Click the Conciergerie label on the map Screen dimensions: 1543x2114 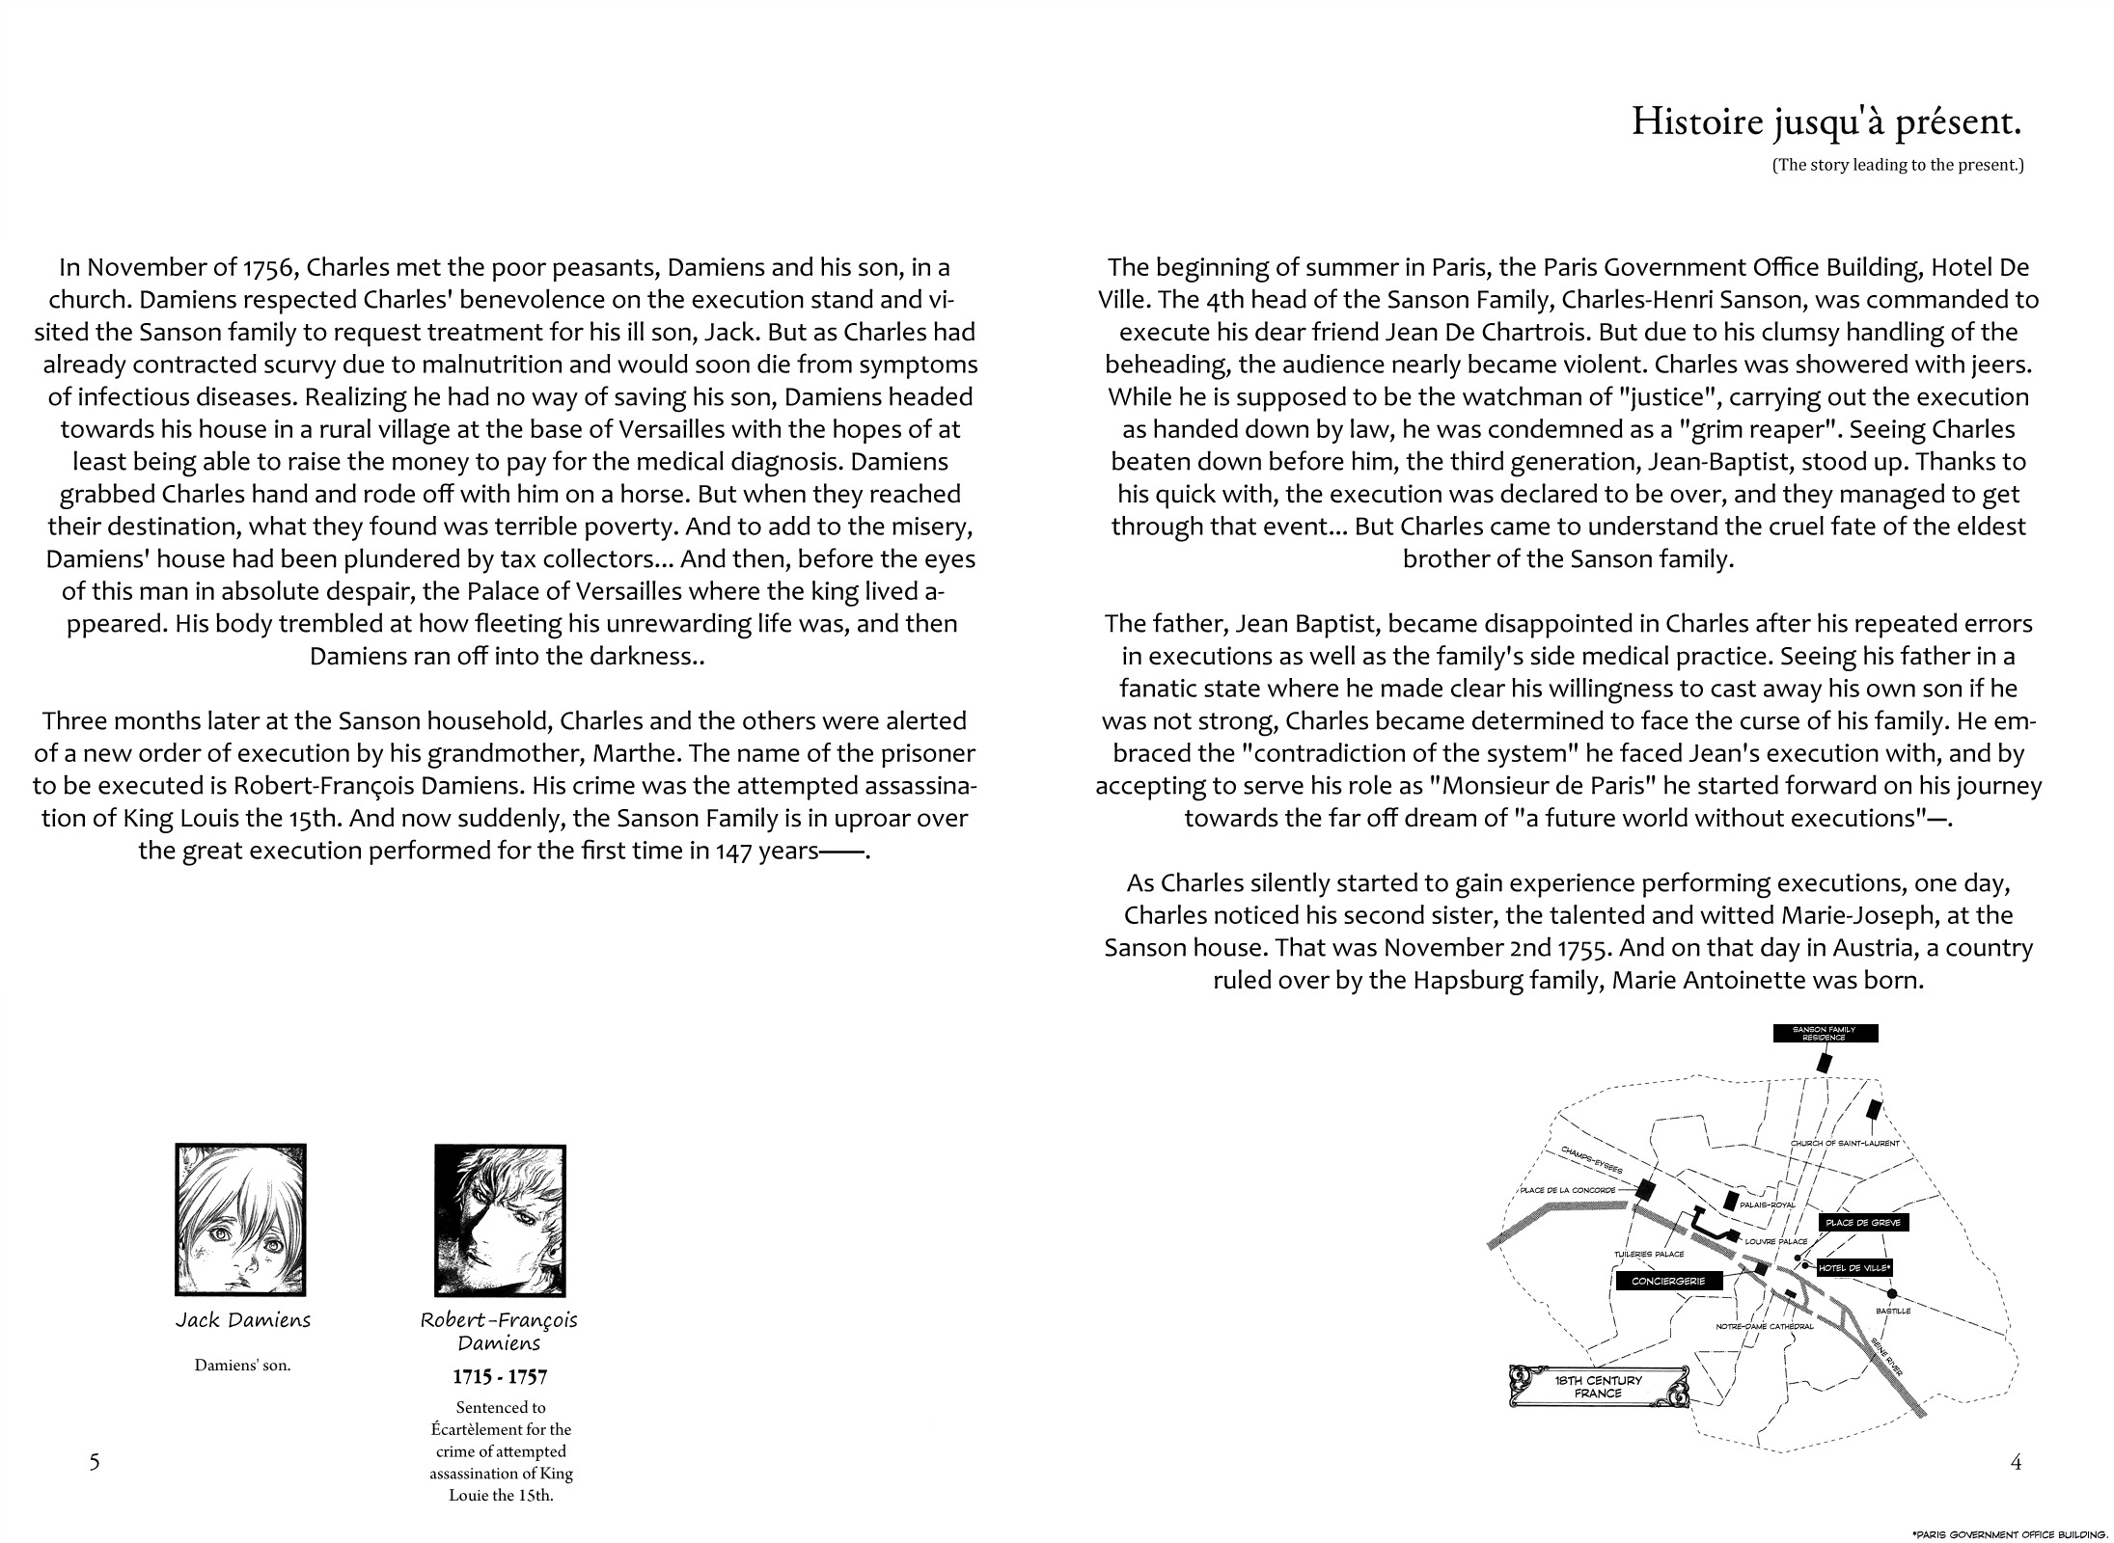click(x=1667, y=1281)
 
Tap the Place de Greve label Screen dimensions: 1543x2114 click(x=1862, y=1222)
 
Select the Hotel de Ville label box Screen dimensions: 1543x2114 click(x=1853, y=1268)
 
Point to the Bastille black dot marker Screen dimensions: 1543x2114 click(x=1892, y=1293)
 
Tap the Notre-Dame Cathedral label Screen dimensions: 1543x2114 click(x=1764, y=1326)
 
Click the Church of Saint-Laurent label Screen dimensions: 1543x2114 click(x=1844, y=1143)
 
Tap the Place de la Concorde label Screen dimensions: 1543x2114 click(x=1567, y=1189)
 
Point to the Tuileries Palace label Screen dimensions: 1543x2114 click(x=1649, y=1254)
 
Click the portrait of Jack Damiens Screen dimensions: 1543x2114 click(x=240, y=1219)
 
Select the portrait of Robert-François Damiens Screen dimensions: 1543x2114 click(x=500, y=1220)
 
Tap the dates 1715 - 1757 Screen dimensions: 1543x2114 click(x=500, y=1377)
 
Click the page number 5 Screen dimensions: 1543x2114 click(x=95, y=1462)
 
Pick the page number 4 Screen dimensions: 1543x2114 click(x=2015, y=1462)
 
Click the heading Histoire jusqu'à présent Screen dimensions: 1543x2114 click(x=1826, y=122)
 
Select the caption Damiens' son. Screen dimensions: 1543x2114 click(x=242, y=1366)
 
